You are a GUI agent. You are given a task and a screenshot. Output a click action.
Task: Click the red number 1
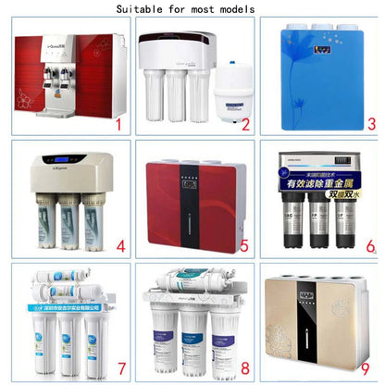[118, 123]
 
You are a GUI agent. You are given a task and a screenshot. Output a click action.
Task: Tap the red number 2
[245, 124]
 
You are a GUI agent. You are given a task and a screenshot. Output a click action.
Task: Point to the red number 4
[119, 247]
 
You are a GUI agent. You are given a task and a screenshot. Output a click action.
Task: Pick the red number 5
[244, 247]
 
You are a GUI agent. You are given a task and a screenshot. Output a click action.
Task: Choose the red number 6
[370, 247]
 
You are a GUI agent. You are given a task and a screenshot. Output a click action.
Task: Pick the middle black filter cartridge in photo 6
[319, 228]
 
